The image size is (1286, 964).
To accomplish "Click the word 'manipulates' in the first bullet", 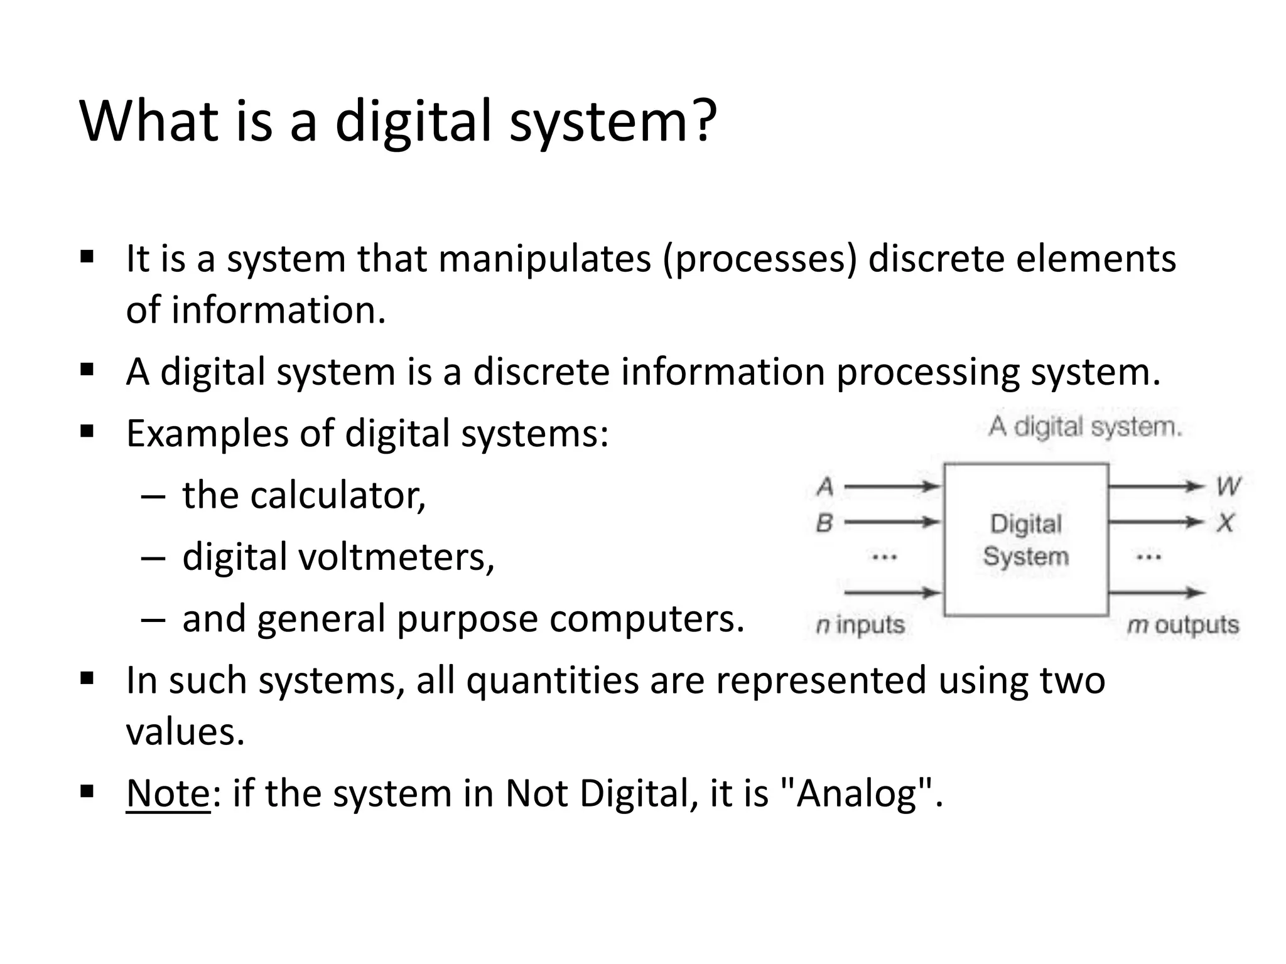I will pyautogui.click(x=544, y=259).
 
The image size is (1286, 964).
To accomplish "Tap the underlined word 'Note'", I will pyautogui.click(x=168, y=793).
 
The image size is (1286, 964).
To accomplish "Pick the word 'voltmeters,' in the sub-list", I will pyautogui.click(x=396, y=557).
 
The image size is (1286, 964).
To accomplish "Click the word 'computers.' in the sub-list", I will pyautogui.click(x=647, y=619).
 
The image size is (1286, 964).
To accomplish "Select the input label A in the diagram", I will pyautogui.click(x=825, y=486).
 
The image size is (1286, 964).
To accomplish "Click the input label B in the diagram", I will pyautogui.click(x=824, y=522).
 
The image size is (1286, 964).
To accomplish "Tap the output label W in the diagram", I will pyautogui.click(x=1227, y=486).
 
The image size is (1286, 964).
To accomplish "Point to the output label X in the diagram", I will pyautogui.click(x=1225, y=522).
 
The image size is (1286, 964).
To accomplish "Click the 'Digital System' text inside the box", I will pyautogui.click(x=1025, y=540).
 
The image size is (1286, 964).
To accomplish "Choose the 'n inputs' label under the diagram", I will pyautogui.click(x=860, y=625).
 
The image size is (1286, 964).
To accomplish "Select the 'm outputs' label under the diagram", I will pyautogui.click(x=1183, y=625).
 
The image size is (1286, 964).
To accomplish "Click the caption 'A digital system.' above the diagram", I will pyautogui.click(x=1084, y=427).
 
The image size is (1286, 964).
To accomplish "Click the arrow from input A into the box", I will pyautogui.click(x=892, y=486).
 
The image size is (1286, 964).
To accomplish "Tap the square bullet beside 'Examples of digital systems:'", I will pyautogui.click(x=87, y=431).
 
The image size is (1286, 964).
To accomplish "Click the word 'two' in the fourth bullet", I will pyautogui.click(x=1072, y=680).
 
